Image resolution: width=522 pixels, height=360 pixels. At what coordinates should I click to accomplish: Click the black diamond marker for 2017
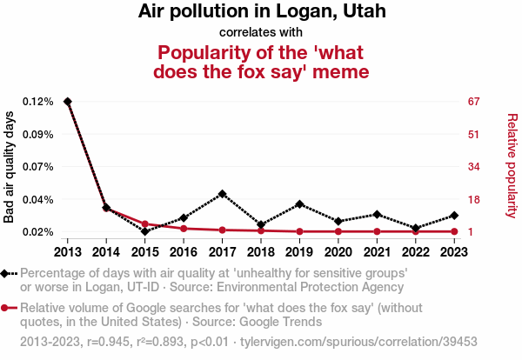pos(223,193)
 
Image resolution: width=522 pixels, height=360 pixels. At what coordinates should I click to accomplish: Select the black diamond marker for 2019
pos(299,203)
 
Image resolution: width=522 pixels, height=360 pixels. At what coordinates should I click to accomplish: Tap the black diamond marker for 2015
pos(144,231)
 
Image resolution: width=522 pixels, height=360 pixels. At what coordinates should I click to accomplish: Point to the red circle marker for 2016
pos(184,228)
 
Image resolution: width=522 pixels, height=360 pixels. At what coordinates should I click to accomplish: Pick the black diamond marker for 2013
pos(68,102)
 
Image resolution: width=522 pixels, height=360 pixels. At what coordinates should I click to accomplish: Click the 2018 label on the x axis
pos(261,251)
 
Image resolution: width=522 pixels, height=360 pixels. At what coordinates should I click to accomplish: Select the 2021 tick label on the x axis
pos(377,251)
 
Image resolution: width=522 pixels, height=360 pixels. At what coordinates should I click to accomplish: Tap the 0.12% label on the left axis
pos(38,102)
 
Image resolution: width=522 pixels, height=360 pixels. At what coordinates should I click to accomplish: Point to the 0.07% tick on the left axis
pos(38,166)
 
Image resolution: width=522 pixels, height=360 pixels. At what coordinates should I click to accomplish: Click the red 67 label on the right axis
pos(474,102)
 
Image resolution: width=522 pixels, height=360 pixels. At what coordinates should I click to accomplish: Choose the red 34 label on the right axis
pos(474,166)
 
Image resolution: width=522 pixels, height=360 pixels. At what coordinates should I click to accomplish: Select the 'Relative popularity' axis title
pos(512,165)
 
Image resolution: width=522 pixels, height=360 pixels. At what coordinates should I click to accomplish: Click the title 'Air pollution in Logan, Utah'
pos(261,12)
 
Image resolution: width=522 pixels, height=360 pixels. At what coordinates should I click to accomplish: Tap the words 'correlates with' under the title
pos(261,32)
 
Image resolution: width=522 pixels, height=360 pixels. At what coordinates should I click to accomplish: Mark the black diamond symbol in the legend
pos(7,273)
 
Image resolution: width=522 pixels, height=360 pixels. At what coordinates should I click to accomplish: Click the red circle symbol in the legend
pos(7,308)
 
